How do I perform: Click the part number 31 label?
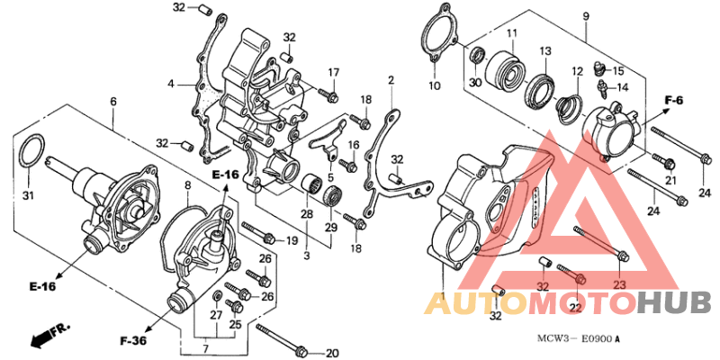pos(29,196)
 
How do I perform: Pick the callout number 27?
pos(216,315)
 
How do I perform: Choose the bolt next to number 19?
pos(258,232)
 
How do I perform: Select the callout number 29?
pos(331,227)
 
